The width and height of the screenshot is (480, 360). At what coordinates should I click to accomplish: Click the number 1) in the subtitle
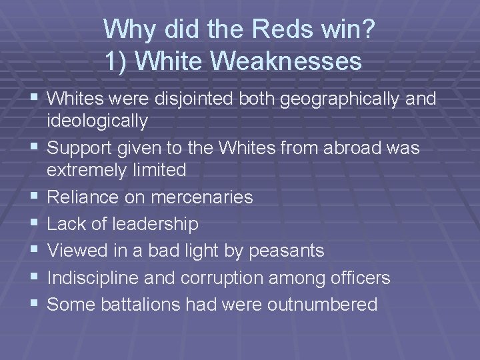click(116, 61)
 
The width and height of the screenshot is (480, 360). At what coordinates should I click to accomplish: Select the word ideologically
click(97, 121)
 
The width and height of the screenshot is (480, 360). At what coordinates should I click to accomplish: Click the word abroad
click(354, 148)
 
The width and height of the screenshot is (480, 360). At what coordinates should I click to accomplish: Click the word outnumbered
click(322, 305)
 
